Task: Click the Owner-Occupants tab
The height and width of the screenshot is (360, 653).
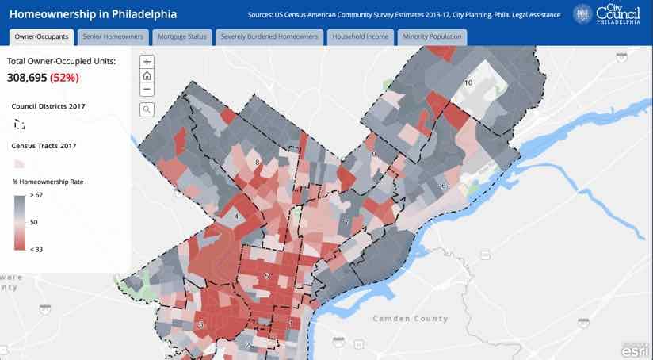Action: pos(42,37)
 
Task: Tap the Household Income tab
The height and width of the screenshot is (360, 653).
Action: pos(360,37)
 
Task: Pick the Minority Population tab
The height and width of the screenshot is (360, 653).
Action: pos(433,37)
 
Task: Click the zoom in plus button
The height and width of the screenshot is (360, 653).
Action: pos(147,62)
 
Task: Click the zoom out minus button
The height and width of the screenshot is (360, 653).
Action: pos(147,89)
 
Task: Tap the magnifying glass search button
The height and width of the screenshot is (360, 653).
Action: pos(147,109)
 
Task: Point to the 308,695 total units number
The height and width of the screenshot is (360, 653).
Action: pos(27,78)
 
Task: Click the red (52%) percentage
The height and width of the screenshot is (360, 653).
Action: pos(64,78)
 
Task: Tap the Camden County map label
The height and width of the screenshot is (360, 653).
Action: pos(411,319)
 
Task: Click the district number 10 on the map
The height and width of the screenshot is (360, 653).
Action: pos(468,82)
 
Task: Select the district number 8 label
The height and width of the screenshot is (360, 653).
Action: pos(258,163)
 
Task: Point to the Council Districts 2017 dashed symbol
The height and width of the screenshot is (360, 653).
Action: pos(20,124)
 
